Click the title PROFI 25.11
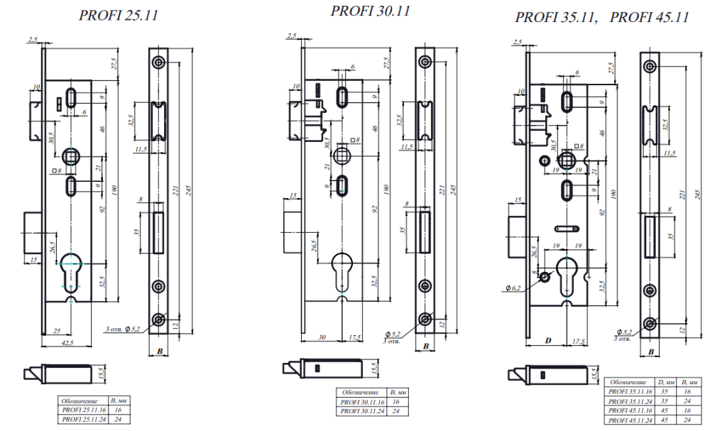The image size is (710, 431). click(x=119, y=15)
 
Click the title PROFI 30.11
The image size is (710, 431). click(x=371, y=11)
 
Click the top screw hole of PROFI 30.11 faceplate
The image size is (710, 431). click(x=425, y=61)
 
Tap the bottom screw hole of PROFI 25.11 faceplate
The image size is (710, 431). click(x=159, y=317)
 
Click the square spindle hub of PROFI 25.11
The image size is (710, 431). click(x=72, y=155)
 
